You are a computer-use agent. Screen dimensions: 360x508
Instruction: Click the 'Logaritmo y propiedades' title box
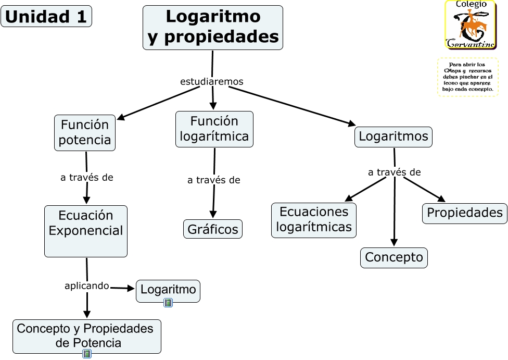coord(212,28)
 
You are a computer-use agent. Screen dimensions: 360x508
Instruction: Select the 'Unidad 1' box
coord(46,16)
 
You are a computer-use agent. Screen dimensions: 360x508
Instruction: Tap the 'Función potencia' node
coord(85,132)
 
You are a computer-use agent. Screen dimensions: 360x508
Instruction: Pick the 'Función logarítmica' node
coord(214,129)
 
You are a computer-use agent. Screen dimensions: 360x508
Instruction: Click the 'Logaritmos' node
coord(393,136)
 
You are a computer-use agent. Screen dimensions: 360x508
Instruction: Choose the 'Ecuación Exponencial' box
coord(86,230)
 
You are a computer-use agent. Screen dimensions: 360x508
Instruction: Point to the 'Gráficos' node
coord(213,229)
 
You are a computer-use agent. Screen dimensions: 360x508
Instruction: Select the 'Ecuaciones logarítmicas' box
coord(314,219)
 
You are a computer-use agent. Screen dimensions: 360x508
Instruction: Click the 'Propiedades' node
coord(464,213)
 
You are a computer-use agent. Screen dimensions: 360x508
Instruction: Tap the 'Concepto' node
coord(394,257)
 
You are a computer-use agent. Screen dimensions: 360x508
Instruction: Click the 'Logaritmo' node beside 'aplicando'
coord(168,289)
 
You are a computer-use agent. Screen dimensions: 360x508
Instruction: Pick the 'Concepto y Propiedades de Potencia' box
coord(87,335)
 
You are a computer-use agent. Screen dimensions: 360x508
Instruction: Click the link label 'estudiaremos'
coord(211,82)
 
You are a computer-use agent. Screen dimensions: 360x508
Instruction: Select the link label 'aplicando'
coord(87,286)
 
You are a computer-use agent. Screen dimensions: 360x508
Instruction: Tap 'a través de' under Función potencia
coord(87,177)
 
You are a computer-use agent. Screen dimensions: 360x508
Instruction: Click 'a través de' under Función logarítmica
coord(213,180)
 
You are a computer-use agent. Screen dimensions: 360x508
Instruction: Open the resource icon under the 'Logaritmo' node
coord(168,302)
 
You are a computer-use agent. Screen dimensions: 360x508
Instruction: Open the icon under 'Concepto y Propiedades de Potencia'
coord(87,354)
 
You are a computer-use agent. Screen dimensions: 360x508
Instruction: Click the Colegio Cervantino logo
coord(469,24)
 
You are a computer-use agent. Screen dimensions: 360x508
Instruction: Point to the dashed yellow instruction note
coord(468,77)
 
